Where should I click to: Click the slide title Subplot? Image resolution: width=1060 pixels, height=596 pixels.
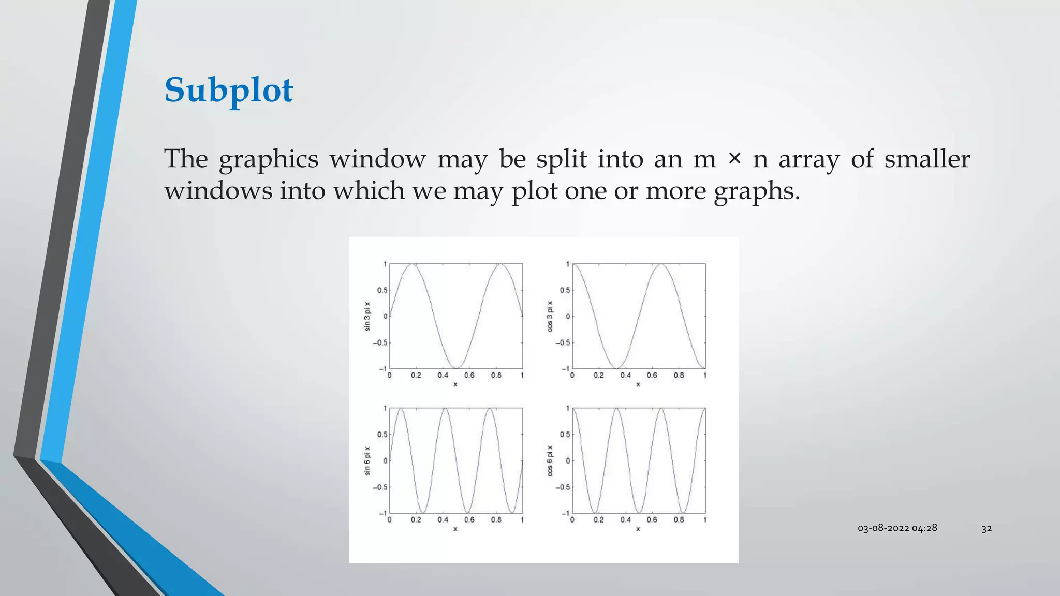tap(229, 90)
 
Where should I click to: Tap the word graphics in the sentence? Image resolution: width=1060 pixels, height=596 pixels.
tap(268, 159)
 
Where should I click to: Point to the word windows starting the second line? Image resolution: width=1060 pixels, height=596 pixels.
tap(218, 191)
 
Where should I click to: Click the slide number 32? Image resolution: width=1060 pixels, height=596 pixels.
tap(987, 528)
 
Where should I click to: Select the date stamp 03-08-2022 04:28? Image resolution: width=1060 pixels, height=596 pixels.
tap(897, 528)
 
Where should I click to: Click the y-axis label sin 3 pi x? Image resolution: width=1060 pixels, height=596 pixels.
tap(367, 316)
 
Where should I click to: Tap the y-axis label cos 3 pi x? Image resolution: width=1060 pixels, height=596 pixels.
tap(550, 316)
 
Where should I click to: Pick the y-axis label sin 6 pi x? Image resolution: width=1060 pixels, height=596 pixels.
tap(367, 460)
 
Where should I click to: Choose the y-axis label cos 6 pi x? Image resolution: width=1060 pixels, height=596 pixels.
tap(550, 460)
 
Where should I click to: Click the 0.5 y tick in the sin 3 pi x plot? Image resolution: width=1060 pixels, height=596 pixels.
tap(382, 290)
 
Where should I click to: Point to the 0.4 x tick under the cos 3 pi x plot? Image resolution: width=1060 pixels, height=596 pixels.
tap(625, 376)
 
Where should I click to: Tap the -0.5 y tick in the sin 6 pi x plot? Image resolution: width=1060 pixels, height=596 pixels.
tap(380, 487)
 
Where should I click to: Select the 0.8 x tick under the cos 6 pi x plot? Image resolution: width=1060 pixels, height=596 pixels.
tap(679, 520)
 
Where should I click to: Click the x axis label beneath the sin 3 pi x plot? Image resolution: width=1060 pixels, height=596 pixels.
tap(455, 384)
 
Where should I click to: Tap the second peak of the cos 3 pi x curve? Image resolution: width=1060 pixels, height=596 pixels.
tap(661, 264)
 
